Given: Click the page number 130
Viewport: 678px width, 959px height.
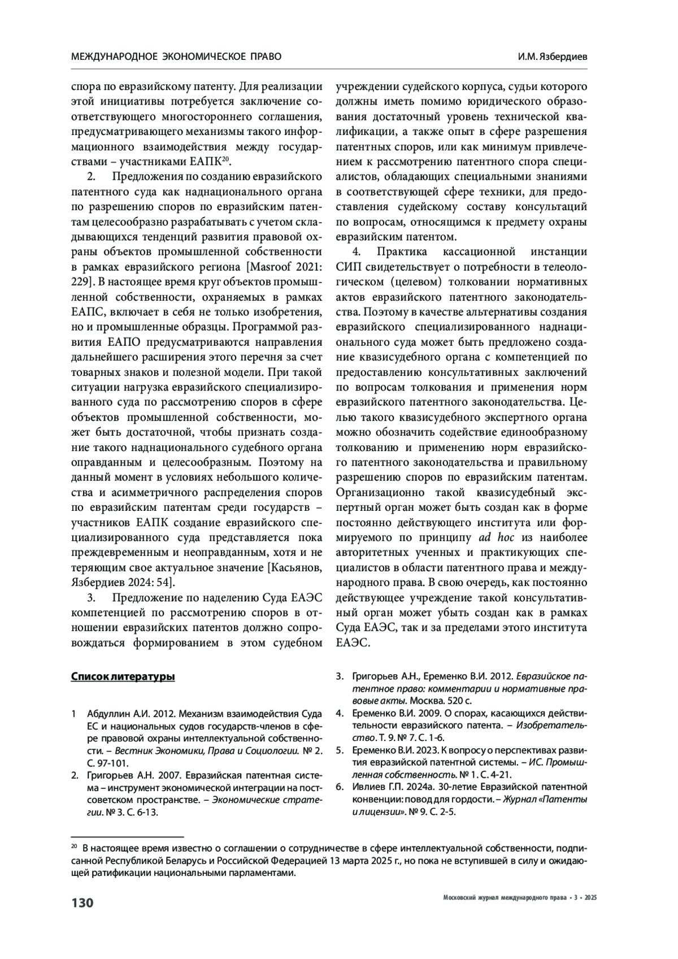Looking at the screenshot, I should [82, 902].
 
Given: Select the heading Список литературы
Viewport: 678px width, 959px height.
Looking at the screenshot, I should [123, 676].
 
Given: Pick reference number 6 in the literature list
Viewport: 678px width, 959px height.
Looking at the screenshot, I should [340, 787].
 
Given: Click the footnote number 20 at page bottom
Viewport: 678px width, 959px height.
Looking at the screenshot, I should [73, 847].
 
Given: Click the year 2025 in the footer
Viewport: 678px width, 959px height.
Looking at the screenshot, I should [591, 898].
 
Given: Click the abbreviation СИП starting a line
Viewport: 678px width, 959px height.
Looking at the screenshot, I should [347, 267].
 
